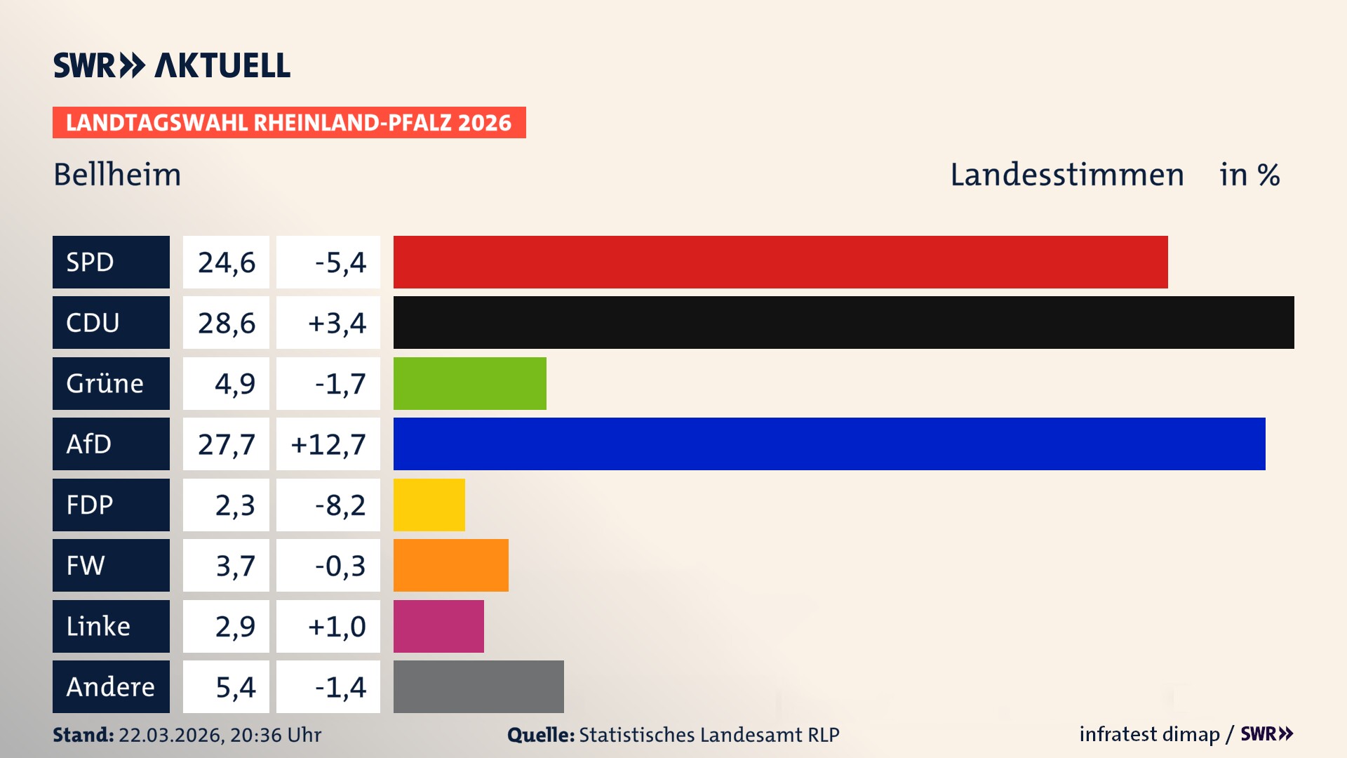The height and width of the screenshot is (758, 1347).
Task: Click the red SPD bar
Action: [780, 262]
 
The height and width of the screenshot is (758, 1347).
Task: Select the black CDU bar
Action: [843, 322]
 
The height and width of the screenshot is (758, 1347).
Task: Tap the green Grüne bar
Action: [469, 383]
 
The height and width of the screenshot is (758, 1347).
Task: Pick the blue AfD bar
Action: [829, 444]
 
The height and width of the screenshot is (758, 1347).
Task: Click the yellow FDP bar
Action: [429, 505]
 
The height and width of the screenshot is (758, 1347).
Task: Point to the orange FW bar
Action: [450, 565]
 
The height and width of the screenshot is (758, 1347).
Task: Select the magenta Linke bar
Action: [438, 626]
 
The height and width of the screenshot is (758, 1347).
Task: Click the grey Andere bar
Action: [478, 686]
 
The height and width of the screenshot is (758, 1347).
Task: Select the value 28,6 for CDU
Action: [226, 323]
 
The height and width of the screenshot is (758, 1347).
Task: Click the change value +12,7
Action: [328, 444]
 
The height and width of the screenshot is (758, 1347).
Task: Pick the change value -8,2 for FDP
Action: [340, 505]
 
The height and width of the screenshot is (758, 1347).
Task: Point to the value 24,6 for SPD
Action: [226, 262]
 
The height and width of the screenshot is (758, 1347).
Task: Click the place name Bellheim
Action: [117, 174]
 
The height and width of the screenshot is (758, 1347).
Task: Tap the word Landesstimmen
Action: [1066, 174]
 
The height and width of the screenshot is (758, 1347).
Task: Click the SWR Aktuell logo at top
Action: [171, 65]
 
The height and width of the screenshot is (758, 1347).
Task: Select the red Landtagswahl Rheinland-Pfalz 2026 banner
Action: [289, 122]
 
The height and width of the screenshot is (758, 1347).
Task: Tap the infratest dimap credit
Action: [1149, 734]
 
